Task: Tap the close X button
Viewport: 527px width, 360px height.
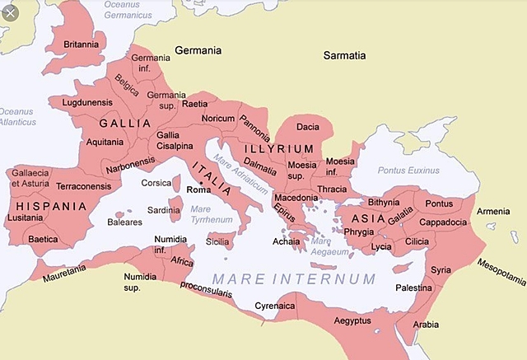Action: [x=9, y=13]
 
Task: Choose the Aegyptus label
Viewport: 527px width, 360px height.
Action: [x=352, y=320]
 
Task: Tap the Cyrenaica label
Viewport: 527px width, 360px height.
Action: [x=273, y=305]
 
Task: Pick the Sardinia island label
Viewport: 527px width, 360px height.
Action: [x=163, y=210]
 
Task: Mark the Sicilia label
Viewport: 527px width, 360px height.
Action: [x=217, y=242]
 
